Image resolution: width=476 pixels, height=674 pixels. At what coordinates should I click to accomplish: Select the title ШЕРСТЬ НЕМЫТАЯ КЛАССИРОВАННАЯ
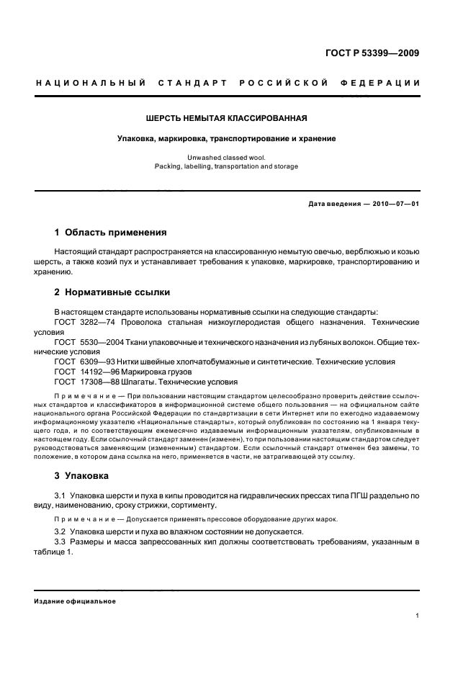coord(228,117)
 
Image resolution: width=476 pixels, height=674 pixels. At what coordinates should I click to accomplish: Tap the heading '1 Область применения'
coord(110,233)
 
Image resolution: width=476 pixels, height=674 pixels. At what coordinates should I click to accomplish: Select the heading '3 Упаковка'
coord(81,476)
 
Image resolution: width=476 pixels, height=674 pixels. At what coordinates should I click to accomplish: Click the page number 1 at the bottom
coord(418,616)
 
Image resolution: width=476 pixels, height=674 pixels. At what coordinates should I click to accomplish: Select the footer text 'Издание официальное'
coord(75,601)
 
